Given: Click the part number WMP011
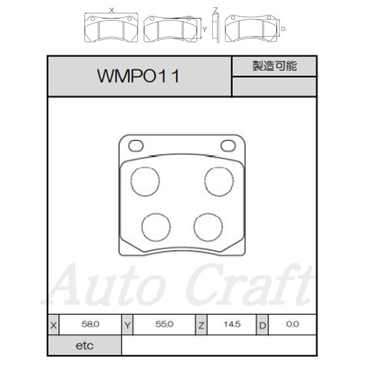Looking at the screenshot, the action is pos(138,76).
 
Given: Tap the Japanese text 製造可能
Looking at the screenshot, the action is pos(275,66).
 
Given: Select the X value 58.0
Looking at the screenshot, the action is pos(91,324).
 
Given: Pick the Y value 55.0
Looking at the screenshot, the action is pos(165,324).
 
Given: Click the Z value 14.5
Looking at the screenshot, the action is pos(232,324).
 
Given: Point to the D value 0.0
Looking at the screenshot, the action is pos(292,324).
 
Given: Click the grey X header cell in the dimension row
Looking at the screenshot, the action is pos(54,325).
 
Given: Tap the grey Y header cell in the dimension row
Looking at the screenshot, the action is pos(127,325).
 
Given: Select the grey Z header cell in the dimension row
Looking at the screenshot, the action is pos(201,325).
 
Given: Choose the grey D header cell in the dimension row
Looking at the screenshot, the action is pos(262,325).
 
